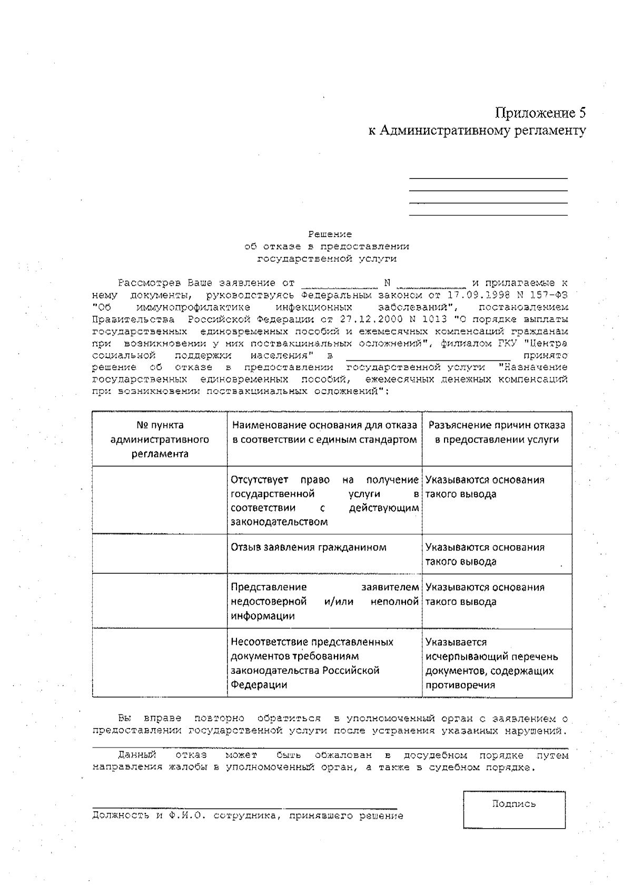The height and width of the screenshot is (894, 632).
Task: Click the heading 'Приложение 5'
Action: pyautogui.click(x=540, y=113)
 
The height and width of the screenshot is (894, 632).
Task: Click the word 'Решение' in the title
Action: pyautogui.click(x=330, y=234)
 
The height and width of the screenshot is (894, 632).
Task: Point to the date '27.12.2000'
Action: pyautogui.click(x=365, y=319)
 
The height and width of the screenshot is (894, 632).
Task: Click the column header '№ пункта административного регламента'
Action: pyautogui.click(x=160, y=439)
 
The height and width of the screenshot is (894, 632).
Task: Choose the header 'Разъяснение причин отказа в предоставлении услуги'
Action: pyautogui.click(x=497, y=433)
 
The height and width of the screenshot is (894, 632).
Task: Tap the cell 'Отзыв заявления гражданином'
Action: pyautogui.click(x=309, y=547)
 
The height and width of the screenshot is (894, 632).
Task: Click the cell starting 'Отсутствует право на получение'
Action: pyautogui.click(x=324, y=500)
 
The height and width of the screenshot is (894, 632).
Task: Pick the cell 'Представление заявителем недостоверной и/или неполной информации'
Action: pyautogui.click(x=324, y=601)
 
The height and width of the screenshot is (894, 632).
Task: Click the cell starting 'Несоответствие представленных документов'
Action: pyautogui.click(x=312, y=663)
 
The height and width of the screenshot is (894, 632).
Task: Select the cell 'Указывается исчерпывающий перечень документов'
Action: pyautogui.click(x=491, y=663)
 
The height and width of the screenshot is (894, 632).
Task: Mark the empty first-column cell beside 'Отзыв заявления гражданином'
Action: pyautogui.click(x=160, y=554)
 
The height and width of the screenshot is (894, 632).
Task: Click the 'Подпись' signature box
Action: pyautogui.click(x=514, y=810)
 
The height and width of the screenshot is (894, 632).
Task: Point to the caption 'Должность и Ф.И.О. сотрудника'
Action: pyautogui.click(x=248, y=816)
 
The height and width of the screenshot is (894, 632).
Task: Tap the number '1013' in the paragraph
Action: pyautogui.click(x=436, y=319)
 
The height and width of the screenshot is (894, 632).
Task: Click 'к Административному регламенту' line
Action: pyautogui.click(x=477, y=130)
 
